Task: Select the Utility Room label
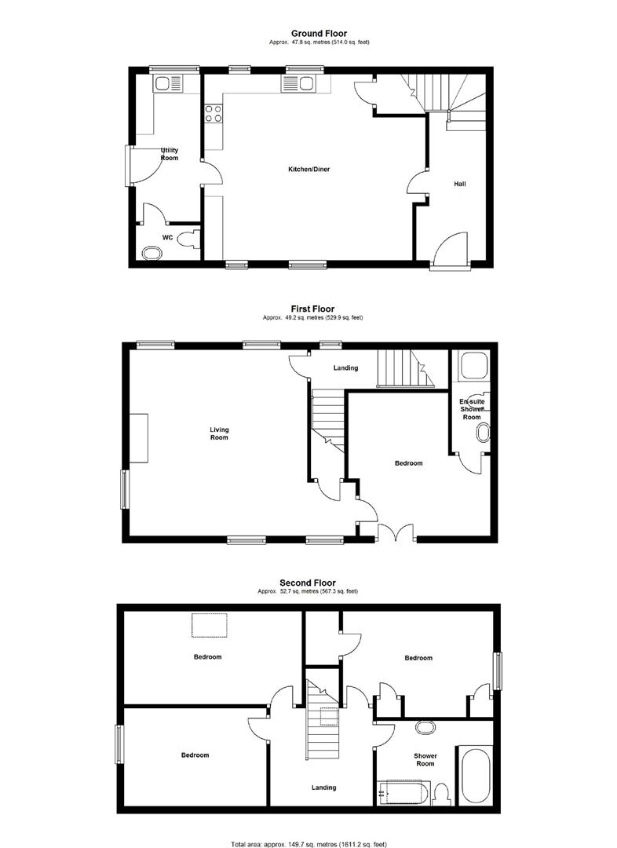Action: click(x=170, y=154)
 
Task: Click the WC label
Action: click(x=167, y=236)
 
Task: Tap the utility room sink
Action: click(x=168, y=82)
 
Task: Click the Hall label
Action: click(x=460, y=184)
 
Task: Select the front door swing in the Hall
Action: click(x=451, y=248)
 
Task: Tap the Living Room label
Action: click(x=219, y=433)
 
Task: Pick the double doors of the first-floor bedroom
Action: click(x=396, y=532)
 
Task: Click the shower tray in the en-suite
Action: click(x=475, y=367)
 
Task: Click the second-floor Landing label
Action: click(x=323, y=787)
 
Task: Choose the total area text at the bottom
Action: click(x=308, y=844)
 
